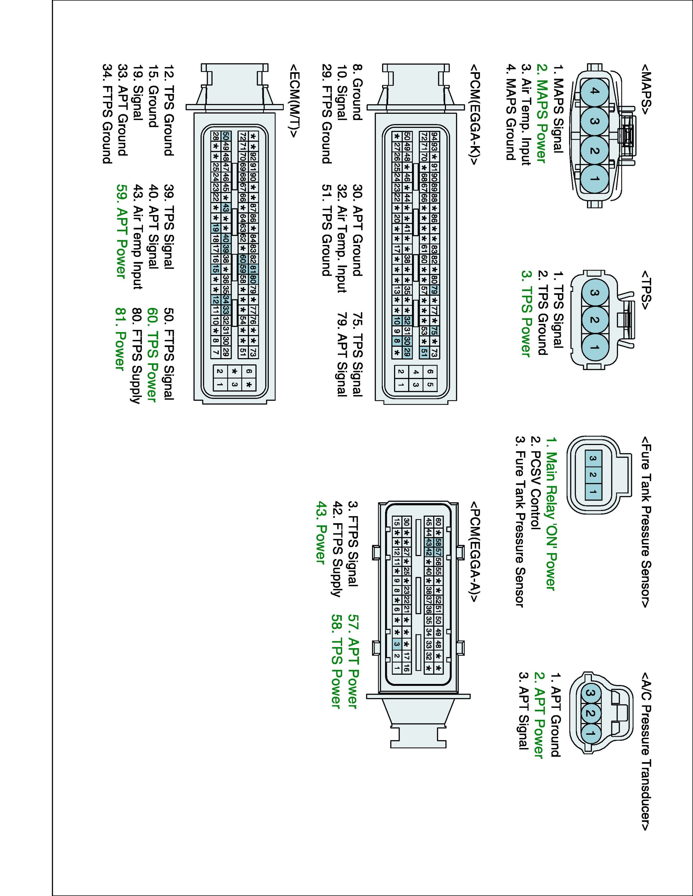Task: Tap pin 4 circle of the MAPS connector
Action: (594, 91)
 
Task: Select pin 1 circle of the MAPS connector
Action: (594, 179)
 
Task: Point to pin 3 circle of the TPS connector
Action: (594, 293)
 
